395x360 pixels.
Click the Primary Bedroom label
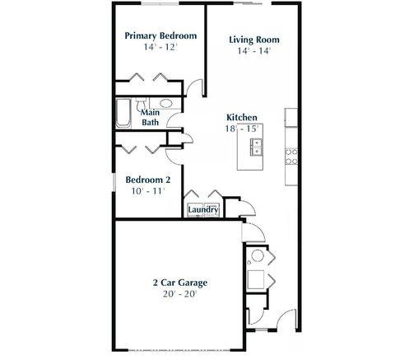160,36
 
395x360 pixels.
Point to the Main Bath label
151,117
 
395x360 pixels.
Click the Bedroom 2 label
148,179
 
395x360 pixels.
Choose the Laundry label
202,210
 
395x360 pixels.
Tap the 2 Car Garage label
179,283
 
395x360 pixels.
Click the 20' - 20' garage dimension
179,294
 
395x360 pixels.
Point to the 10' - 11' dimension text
147,190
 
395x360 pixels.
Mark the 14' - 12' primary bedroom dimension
160,49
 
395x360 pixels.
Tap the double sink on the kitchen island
254,147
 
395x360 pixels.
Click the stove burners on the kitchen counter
290,154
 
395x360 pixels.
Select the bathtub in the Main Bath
123,113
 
